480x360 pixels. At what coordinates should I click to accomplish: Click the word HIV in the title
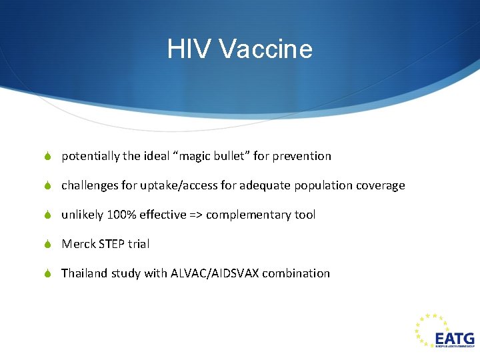coord(188,49)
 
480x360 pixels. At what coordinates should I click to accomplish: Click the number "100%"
coord(121,215)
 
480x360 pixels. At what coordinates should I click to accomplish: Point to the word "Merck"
coord(78,244)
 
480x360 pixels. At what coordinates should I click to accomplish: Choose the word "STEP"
coord(112,244)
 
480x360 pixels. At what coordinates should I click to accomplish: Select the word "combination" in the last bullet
coord(296,273)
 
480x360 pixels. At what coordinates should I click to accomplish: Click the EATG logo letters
coord(454,339)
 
